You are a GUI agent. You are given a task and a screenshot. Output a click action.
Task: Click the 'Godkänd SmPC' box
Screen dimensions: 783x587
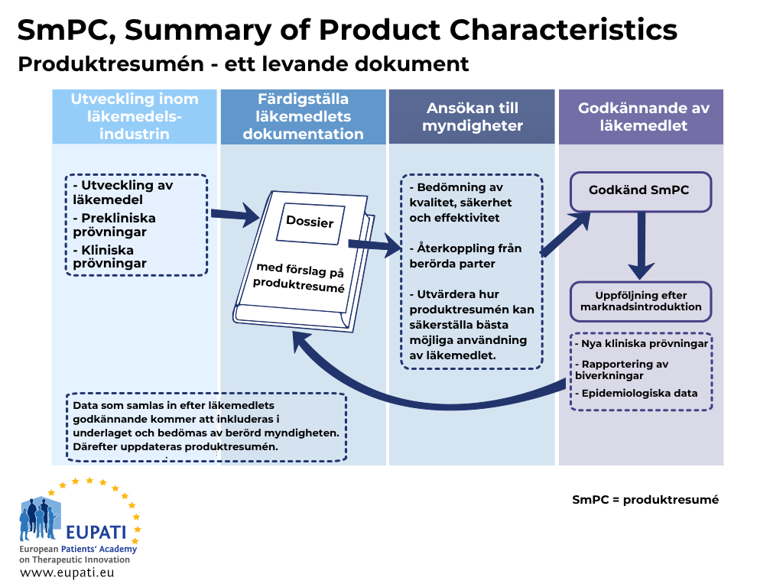641,192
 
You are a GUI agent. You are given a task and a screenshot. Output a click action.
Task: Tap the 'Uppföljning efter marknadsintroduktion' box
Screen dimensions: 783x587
641,301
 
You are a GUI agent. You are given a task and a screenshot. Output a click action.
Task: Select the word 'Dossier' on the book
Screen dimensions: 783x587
310,221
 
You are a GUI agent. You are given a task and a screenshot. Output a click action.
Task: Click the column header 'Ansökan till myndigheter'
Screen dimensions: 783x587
472,117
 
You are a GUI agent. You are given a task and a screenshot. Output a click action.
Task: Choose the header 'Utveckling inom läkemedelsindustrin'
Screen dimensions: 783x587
135,117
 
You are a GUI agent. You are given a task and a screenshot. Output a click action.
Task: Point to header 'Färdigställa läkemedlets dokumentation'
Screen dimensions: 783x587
303,117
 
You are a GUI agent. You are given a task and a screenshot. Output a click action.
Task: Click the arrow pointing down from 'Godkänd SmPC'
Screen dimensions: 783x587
642,245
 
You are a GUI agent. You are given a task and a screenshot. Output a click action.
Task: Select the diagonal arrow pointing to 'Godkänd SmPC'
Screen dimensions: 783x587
565,234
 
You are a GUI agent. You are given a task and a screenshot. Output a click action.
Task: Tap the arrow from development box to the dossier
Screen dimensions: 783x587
235,215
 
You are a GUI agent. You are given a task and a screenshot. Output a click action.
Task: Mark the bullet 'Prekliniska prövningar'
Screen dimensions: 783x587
115,225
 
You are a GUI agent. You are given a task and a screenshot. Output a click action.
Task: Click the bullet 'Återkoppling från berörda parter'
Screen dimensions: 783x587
466,255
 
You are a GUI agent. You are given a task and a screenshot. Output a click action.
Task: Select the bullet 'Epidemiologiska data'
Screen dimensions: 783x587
636,394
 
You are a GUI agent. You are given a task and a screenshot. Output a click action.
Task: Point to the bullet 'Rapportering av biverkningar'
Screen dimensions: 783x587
622,370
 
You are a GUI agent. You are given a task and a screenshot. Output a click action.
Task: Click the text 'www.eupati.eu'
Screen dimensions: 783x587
67,572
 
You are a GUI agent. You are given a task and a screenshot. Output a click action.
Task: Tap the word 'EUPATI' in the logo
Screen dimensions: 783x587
96,533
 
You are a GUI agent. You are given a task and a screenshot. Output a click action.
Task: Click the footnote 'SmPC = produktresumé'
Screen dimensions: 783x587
645,500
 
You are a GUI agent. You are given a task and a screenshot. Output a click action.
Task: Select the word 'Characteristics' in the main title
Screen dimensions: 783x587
564,30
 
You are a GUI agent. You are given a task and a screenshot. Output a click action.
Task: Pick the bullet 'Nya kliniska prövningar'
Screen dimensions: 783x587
642,343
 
